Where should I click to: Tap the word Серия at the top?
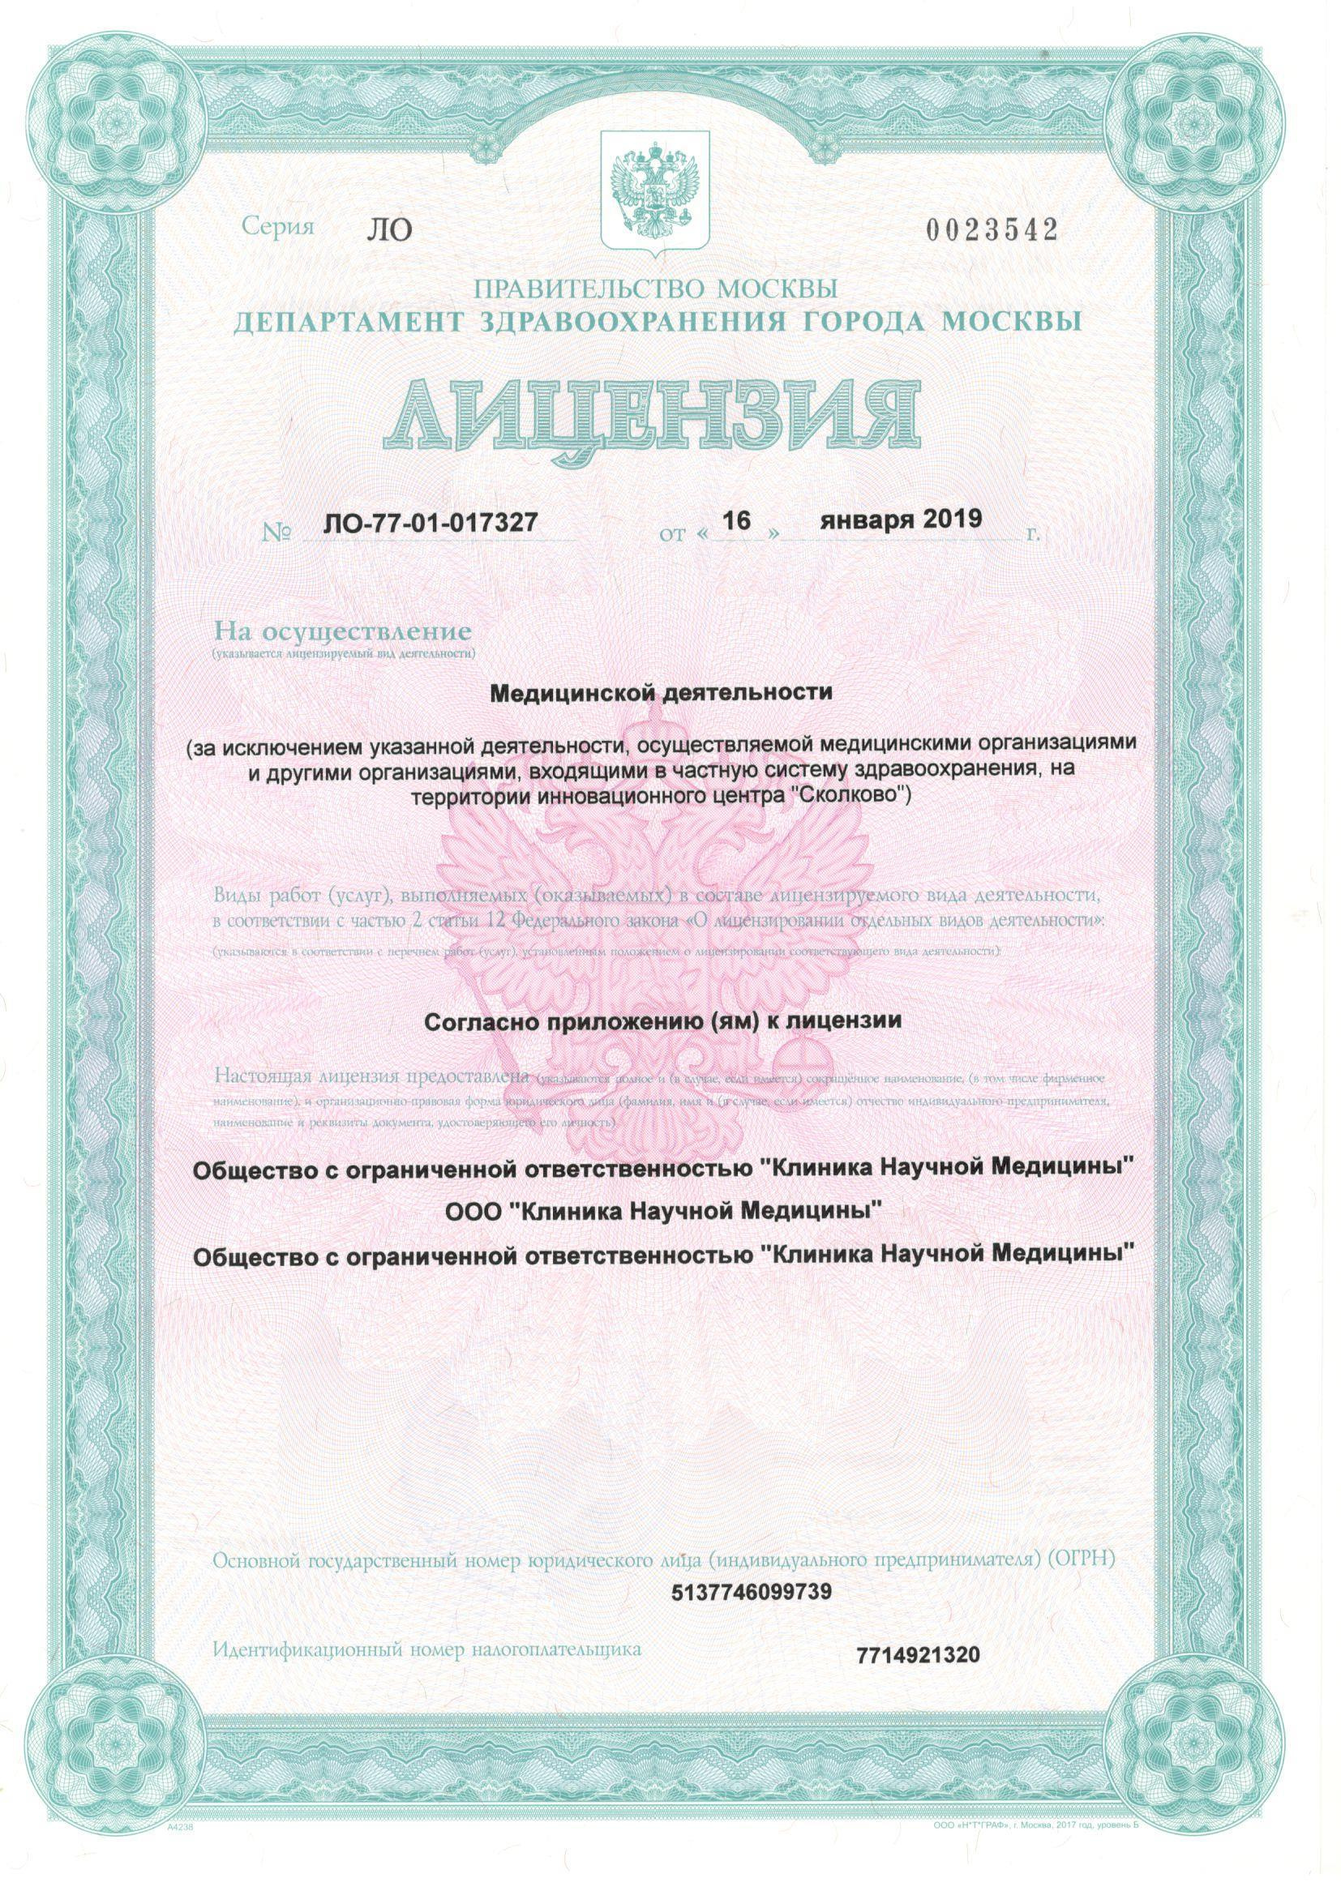tap(278, 228)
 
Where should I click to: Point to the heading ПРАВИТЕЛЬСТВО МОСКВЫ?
tap(657, 289)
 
